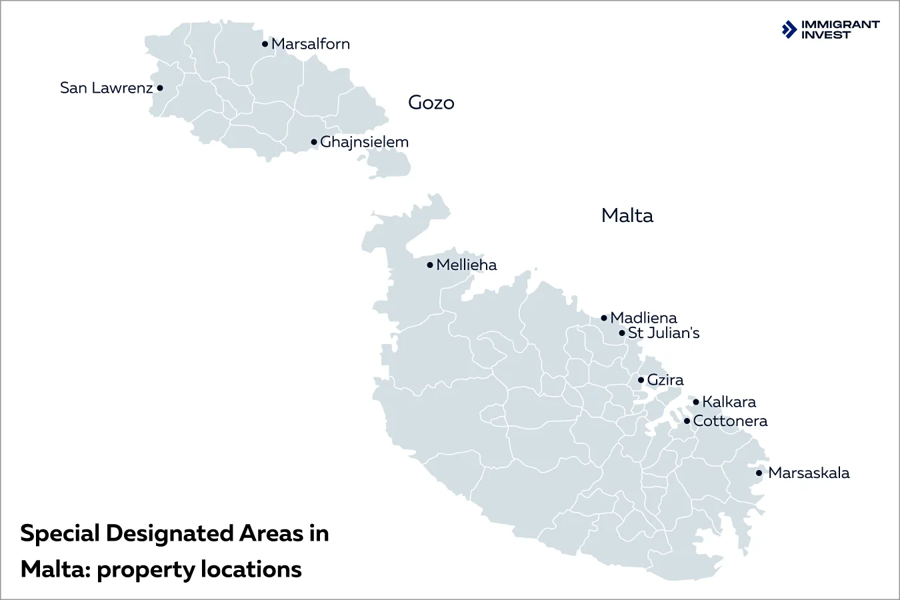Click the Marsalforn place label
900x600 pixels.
point(311,44)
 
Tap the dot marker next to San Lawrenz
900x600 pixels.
point(160,88)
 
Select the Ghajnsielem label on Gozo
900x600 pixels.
point(364,142)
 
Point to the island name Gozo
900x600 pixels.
point(431,103)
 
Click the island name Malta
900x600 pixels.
point(627,215)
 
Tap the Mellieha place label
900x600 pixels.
point(467,265)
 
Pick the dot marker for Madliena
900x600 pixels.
point(604,318)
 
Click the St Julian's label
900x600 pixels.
point(664,333)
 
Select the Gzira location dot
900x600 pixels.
point(641,380)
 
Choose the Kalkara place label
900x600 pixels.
point(729,402)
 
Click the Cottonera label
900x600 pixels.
point(730,421)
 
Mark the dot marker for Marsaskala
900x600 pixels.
point(759,473)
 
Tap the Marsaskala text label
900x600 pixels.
point(809,473)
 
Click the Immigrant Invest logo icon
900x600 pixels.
point(789,29)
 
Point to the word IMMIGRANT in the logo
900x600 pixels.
point(840,25)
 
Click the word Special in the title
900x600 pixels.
point(60,533)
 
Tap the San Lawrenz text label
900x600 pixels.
point(106,88)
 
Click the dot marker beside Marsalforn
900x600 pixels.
point(265,44)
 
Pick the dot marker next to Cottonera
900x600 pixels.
point(687,421)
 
